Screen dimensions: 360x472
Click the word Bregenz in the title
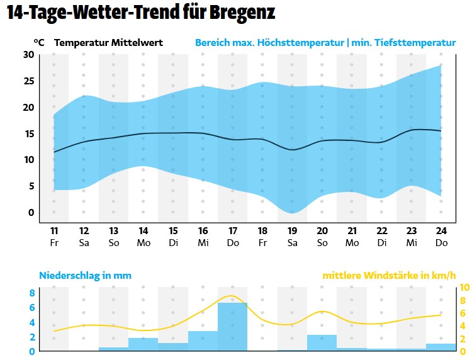tap(237, 13)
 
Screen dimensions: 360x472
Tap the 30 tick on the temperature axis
tap(28, 54)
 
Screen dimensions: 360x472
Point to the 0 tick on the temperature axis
tap(30, 212)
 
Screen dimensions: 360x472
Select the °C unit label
tap(39, 43)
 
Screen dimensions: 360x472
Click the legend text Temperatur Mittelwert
tap(109, 43)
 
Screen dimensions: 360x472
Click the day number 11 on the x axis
tap(54, 230)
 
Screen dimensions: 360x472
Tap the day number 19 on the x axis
tap(292, 230)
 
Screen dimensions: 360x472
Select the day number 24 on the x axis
tap(441, 230)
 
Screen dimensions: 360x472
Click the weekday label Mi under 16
tap(203, 242)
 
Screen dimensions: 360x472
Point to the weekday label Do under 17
tap(233, 242)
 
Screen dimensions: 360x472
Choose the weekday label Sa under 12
tap(84, 242)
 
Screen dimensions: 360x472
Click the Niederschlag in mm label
tap(85, 276)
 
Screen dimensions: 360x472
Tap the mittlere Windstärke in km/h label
tap(388, 276)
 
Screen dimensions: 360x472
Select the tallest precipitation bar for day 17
tap(233, 327)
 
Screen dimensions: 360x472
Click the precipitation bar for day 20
tap(322, 342)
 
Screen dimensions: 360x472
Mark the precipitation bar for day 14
tap(143, 344)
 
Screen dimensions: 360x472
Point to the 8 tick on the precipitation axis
tap(31, 293)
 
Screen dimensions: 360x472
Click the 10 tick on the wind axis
tap(465, 288)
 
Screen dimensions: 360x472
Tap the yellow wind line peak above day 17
tap(232, 296)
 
